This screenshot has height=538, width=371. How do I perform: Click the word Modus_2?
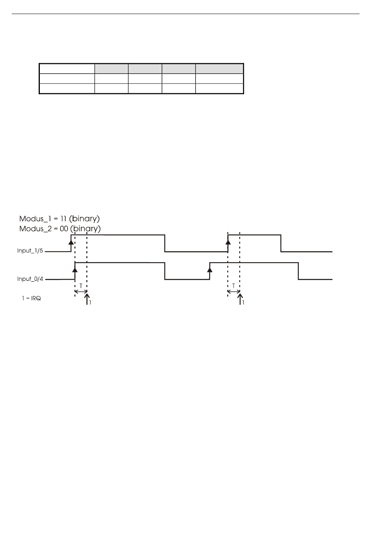point(33,229)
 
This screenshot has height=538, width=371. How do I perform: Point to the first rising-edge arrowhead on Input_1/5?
point(71,241)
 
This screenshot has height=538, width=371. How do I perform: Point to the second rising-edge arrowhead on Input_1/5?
point(228,241)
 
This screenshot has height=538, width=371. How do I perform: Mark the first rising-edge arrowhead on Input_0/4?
point(75,270)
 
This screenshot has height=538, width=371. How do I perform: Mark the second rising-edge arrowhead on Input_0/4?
point(210,270)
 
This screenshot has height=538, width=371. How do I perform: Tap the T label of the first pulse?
point(80,286)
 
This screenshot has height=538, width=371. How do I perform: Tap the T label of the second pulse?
point(234,286)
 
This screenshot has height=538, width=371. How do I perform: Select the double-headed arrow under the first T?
point(80,291)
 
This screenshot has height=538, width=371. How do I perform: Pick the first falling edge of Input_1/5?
point(165,243)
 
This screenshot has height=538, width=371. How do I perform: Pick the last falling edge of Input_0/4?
point(299,271)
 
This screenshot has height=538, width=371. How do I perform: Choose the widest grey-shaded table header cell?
point(219,68)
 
